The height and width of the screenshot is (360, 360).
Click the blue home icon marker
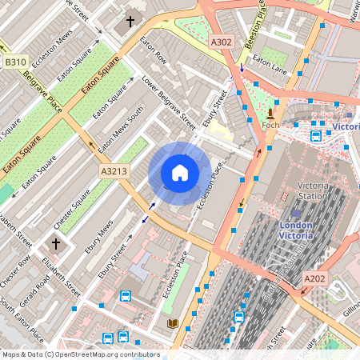180,173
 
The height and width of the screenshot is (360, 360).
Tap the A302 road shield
221,41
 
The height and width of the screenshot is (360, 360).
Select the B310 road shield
14,62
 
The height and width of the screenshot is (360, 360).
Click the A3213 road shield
114,171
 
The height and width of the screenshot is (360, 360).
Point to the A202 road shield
315,278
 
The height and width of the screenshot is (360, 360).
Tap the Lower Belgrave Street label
169,104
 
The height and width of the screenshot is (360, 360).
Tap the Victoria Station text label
312,190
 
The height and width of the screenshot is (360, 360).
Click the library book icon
172,323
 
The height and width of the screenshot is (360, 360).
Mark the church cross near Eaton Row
130,22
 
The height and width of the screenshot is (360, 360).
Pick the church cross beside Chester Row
56,242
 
